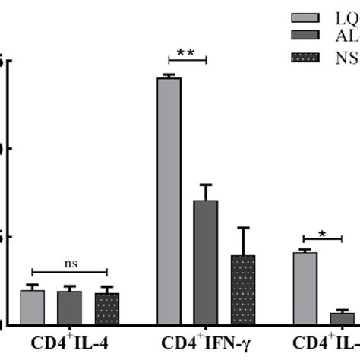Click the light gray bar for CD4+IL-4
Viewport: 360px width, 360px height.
pyautogui.click(x=32, y=307)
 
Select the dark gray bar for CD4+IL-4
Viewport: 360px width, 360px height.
pyautogui.click(x=69, y=308)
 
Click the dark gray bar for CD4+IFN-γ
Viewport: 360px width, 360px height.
pyautogui.click(x=206, y=262)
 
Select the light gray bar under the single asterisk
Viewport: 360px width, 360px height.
pyautogui.click(x=305, y=288)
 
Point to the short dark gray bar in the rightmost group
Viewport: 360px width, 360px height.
pyautogui.click(x=341, y=318)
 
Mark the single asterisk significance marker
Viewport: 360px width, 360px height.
pyautogui.click(x=322, y=235)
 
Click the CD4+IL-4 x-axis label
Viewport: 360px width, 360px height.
pyautogui.click(x=69, y=343)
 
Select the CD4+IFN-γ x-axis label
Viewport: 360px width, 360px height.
pyautogui.click(x=207, y=343)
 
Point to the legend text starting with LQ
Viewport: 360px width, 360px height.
pyautogui.click(x=345, y=17)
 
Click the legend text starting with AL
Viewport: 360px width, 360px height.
pyautogui.click(x=345, y=36)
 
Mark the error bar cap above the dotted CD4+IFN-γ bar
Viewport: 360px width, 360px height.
pyautogui.click(x=243, y=228)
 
